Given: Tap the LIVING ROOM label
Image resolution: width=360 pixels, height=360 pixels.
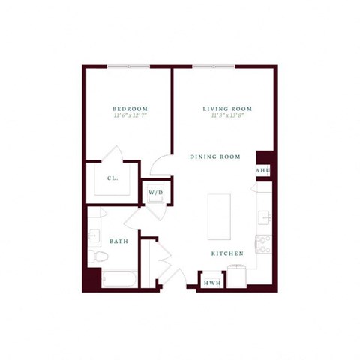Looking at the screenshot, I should coord(227,109).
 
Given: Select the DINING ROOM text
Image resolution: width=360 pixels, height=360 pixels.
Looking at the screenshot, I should coord(214,157).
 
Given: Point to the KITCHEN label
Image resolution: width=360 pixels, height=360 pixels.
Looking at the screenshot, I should coord(226,253).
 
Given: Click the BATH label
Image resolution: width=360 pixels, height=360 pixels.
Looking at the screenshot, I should coord(118,241).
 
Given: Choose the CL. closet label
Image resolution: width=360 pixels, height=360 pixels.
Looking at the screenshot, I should coord(112,178).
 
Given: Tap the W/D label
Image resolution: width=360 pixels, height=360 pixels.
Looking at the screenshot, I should coord(156,193).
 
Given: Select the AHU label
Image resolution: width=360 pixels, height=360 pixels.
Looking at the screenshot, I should coord(262,171).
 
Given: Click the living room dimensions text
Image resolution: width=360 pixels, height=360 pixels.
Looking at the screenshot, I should coord(227,117).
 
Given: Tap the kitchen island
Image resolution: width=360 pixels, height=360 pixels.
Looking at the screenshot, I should coord(219,216).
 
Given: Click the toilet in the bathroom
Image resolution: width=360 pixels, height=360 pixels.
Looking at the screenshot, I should coord(94,257).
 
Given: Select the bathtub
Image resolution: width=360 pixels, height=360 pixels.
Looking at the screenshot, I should coord(118,280).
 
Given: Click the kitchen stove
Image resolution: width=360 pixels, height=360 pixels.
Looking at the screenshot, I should coord(262,243).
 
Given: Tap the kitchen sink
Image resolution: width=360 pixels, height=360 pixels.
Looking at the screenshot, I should coord(264,217).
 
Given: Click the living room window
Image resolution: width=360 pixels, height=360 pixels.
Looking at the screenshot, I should coord(216,67).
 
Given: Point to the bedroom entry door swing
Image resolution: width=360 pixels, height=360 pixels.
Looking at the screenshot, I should coord(160,166).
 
